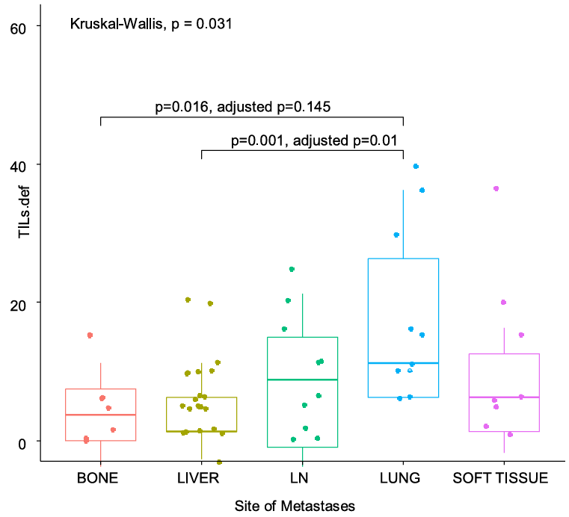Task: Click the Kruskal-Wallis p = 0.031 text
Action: (x=150, y=24)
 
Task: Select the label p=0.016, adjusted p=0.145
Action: (x=242, y=107)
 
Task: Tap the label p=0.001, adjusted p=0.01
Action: (x=317, y=140)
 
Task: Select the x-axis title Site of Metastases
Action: (x=295, y=506)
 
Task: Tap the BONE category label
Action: (x=97, y=479)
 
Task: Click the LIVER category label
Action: (x=200, y=479)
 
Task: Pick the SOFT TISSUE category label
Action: (x=501, y=479)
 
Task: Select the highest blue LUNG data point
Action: (x=416, y=166)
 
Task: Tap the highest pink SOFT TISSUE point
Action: (x=496, y=188)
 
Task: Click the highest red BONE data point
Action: (x=90, y=335)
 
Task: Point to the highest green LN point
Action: (x=292, y=269)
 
